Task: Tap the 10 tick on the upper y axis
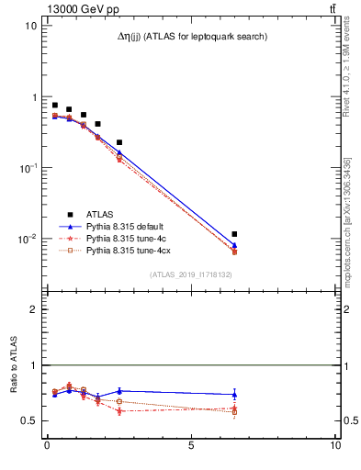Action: (30, 26)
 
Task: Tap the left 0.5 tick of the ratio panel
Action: (28, 420)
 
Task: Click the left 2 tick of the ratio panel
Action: (32, 309)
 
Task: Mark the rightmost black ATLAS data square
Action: (235, 235)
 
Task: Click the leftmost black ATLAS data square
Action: (55, 106)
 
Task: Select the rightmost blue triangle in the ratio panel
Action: (235, 394)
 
